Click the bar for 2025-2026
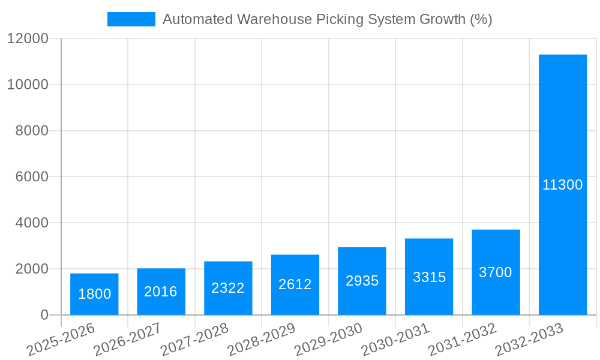tap(94, 294)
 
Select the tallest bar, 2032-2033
tap(563, 185)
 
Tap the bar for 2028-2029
tap(295, 284)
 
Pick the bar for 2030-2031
tap(429, 277)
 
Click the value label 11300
tap(563, 185)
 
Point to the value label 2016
tap(161, 292)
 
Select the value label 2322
tap(228, 288)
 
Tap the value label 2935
tap(362, 281)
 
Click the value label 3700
tap(496, 272)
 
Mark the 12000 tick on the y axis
tap(28, 38)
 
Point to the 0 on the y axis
tap(44, 315)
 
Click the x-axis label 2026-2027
tap(127, 339)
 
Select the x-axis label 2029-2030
tap(328, 339)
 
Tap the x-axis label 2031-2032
tap(462, 339)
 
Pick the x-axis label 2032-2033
tap(529, 339)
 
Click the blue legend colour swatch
tap(131, 19)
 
